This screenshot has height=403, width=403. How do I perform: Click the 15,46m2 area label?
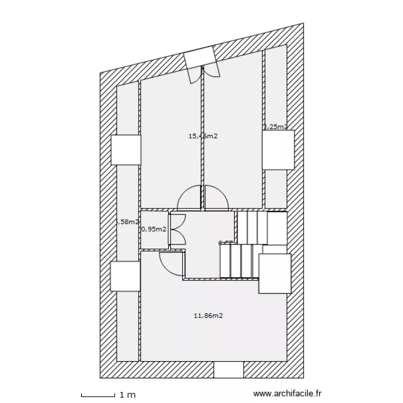click(x=203, y=136)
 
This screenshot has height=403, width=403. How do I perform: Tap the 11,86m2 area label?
click(x=208, y=315)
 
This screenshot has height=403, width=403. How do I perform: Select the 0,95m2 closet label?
click(x=153, y=229)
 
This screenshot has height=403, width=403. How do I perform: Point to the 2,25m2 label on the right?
click(x=275, y=127)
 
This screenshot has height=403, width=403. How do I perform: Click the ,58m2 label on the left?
click(x=128, y=221)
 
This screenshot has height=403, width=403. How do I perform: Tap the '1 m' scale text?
click(x=127, y=395)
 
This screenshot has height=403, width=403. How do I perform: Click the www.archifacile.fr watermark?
click(x=290, y=395)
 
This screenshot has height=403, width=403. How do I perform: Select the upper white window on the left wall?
click(x=126, y=150)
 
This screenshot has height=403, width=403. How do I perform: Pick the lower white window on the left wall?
click(x=125, y=277)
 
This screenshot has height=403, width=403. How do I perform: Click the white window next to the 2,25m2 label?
click(x=278, y=150)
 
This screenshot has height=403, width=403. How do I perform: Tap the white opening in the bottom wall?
click(x=229, y=370)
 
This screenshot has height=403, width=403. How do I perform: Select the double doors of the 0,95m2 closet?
click(x=177, y=229)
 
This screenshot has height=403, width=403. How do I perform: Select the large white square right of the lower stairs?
click(x=275, y=274)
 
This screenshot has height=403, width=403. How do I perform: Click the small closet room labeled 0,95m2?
click(x=155, y=236)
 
